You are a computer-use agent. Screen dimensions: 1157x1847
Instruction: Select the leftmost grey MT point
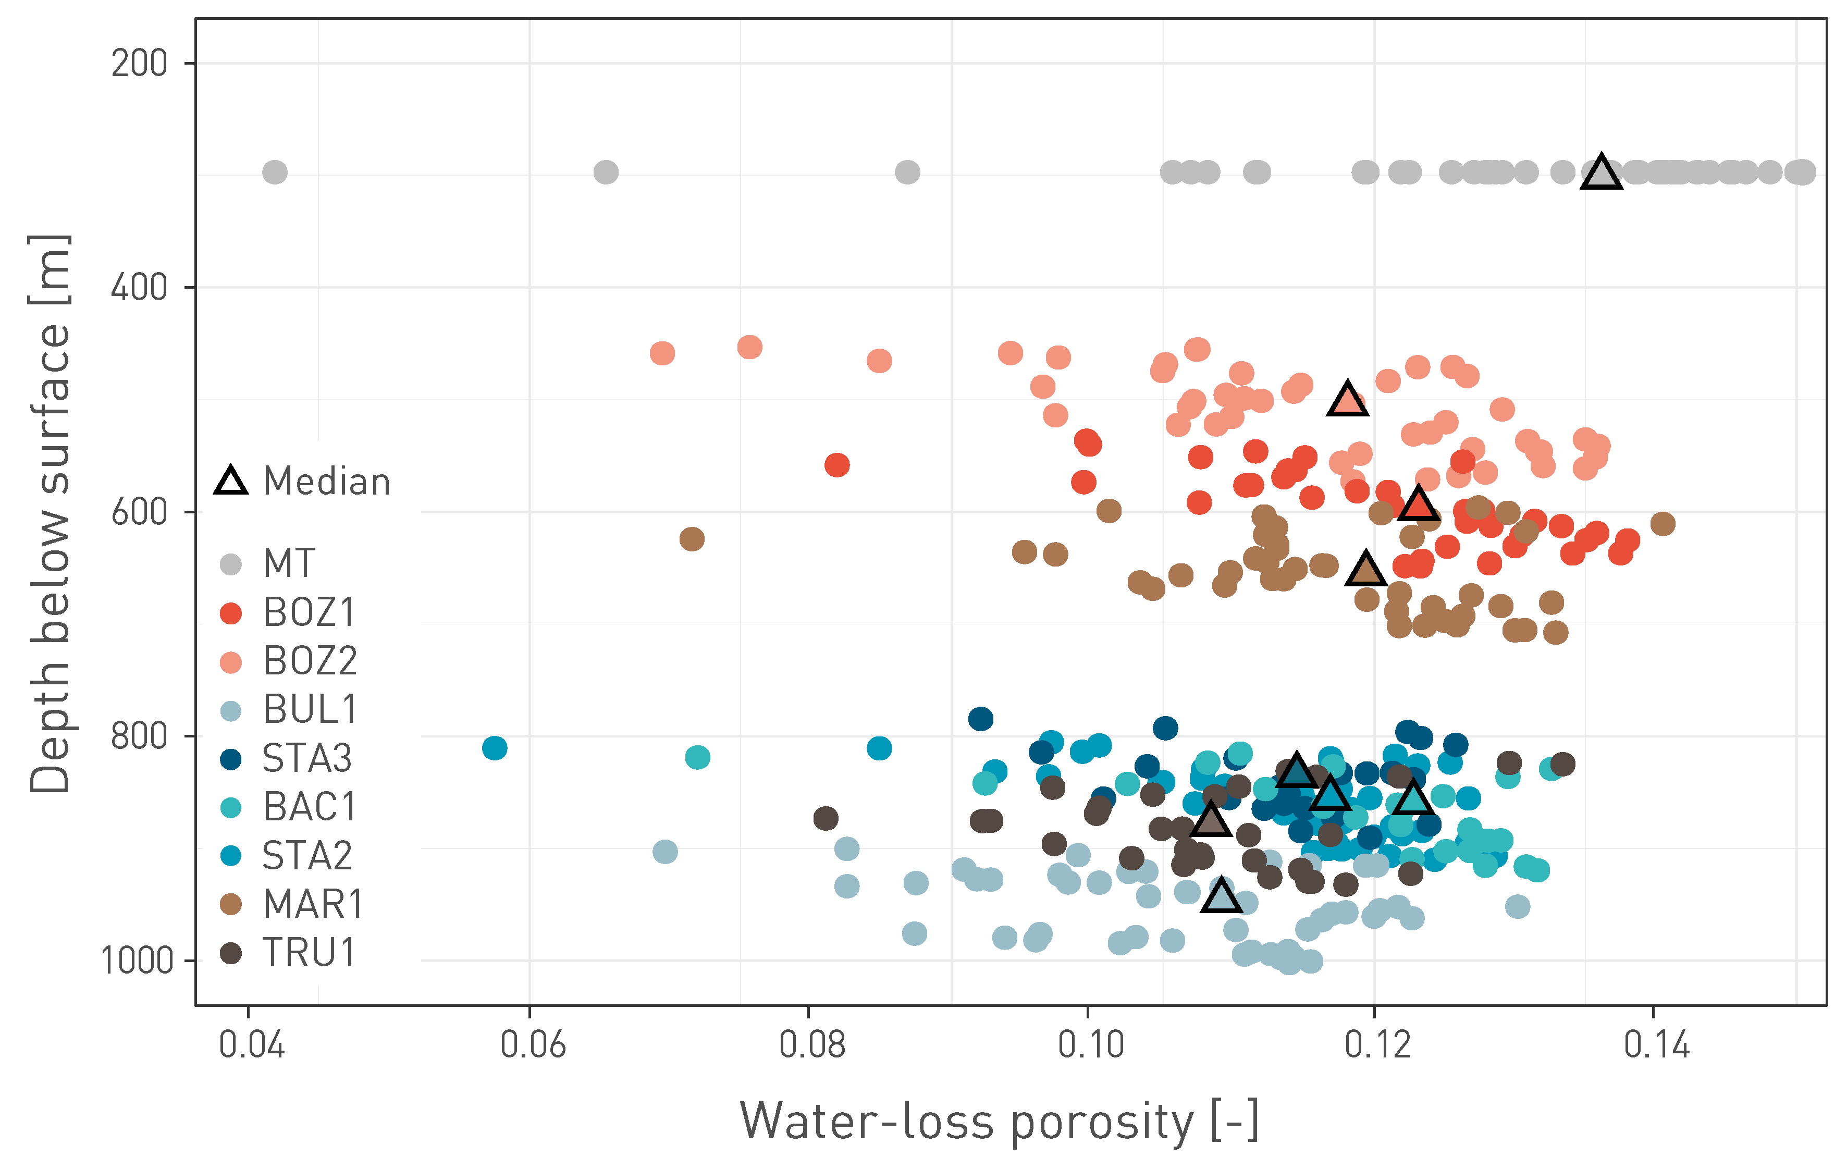click(275, 172)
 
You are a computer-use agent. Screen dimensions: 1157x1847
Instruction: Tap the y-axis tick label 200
click(139, 63)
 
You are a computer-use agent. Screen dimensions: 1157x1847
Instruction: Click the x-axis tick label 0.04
click(251, 1044)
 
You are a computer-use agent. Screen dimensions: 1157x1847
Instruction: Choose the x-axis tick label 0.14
click(1656, 1044)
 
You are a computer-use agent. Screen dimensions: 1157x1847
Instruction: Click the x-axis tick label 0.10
click(1090, 1044)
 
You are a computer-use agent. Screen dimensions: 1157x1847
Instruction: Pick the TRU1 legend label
click(309, 953)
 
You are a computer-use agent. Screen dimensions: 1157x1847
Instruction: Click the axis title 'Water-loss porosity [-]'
click(999, 1122)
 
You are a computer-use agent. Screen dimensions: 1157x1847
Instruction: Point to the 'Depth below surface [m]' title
click(49, 513)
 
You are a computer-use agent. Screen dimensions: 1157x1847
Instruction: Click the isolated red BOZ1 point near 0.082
click(837, 464)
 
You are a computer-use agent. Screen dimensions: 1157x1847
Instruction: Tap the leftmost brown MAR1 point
click(692, 539)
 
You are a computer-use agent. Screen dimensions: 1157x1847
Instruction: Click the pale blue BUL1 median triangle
click(1221, 896)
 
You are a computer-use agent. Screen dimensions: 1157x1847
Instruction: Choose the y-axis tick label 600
click(139, 511)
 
